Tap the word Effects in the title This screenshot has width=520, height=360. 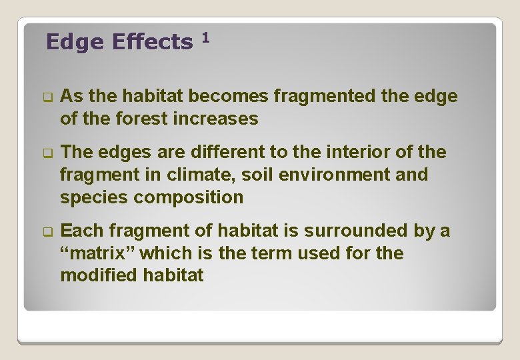pyautogui.click(x=152, y=43)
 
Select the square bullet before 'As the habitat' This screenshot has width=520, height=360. pyautogui.click(x=47, y=97)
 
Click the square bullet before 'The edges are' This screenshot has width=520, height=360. pyautogui.click(x=47, y=153)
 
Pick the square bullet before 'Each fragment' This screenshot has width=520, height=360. pyautogui.click(x=47, y=231)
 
